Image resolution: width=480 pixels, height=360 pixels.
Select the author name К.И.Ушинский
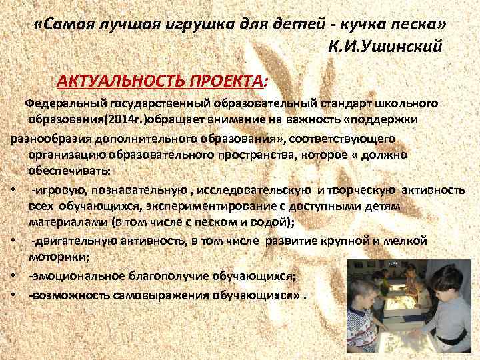point(385,47)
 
